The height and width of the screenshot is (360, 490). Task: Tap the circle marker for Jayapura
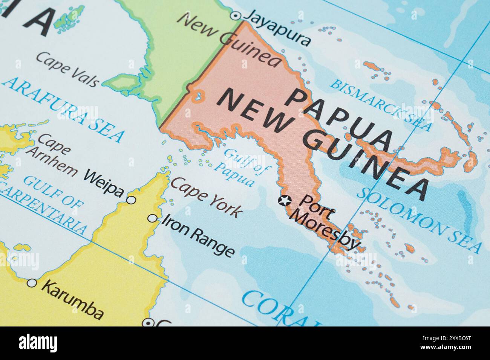pos(236,15)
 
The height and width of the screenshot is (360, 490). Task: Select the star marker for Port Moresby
pos(285,200)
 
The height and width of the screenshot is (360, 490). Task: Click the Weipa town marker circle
pos(131,200)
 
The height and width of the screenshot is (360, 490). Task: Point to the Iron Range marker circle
pos(152,218)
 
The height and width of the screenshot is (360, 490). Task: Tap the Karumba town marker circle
pos(32,283)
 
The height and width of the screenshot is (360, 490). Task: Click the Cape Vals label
pos(68,69)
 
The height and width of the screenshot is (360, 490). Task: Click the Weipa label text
pos(104,183)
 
